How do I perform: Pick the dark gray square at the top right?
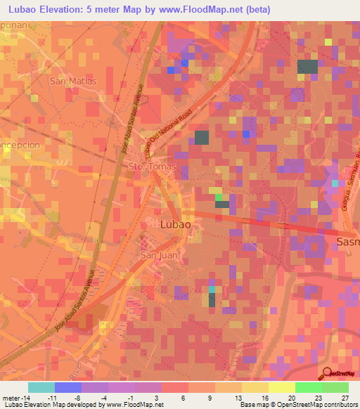tap(307, 67)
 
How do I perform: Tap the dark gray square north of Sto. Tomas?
tap(202, 137)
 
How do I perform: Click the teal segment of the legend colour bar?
tap(41, 388)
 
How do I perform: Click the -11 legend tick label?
tap(51, 398)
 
